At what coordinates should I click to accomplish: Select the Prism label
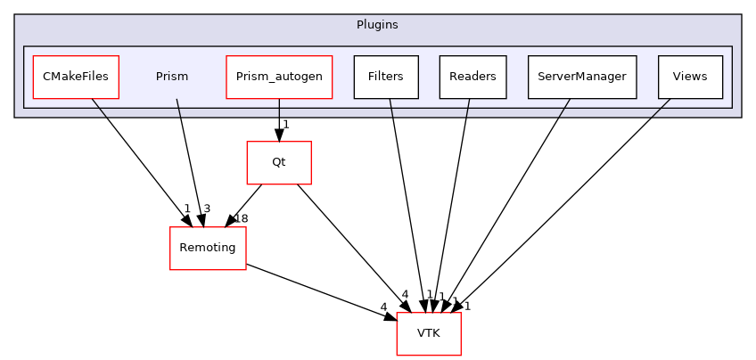click(x=172, y=77)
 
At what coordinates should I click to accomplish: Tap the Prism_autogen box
click(x=279, y=77)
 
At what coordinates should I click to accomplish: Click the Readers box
click(x=472, y=77)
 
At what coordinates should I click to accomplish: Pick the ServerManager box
click(x=582, y=77)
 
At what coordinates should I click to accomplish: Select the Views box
click(x=690, y=77)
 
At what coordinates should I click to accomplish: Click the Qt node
click(x=279, y=163)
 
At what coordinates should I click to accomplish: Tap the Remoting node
click(x=208, y=249)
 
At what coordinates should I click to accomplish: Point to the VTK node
click(x=429, y=334)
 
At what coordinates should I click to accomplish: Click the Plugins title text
click(x=378, y=25)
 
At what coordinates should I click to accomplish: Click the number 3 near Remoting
click(x=206, y=209)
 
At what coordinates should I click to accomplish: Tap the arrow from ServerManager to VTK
click(x=508, y=204)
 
